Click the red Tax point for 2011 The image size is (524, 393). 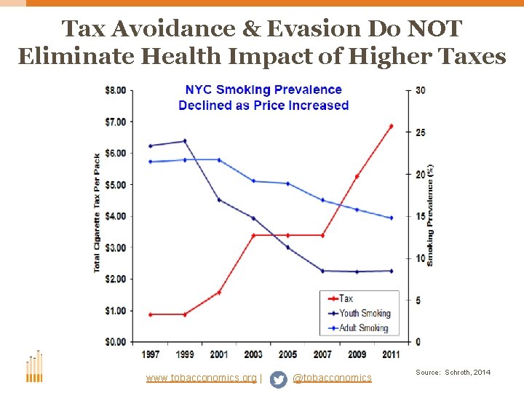[x=391, y=127]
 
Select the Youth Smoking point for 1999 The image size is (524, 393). [x=185, y=141]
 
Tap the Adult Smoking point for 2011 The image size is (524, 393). [x=391, y=218]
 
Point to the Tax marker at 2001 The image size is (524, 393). [x=219, y=293]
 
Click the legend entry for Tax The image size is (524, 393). [x=346, y=299]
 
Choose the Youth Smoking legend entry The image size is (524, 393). [x=363, y=314]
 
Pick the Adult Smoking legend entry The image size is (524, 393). [x=363, y=328]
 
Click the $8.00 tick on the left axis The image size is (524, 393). [x=115, y=90]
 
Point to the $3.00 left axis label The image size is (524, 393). [x=115, y=248]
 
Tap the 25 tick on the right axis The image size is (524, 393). [x=420, y=132]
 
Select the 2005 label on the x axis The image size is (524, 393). [x=288, y=354]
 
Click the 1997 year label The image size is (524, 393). [x=150, y=354]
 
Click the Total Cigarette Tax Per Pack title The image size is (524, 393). [x=97, y=213]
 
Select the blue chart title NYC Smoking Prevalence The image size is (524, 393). [x=263, y=90]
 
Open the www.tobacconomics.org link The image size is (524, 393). [x=201, y=378]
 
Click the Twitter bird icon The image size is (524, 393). [x=278, y=379]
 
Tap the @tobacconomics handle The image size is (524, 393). [x=332, y=378]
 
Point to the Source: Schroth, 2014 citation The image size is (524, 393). [x=453, y=373]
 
